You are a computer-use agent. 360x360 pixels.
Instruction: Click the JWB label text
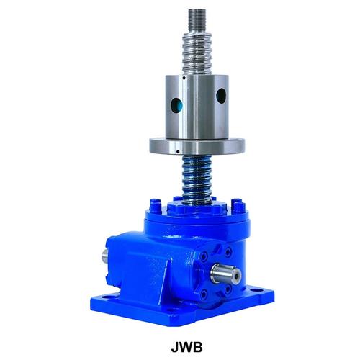click(x=186, y=347)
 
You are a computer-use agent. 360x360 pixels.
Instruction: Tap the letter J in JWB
click(x=175, y=347)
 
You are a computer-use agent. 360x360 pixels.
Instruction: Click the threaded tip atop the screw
click(x=197, y=21)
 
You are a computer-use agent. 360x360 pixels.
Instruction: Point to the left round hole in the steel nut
click(x=176, y=105)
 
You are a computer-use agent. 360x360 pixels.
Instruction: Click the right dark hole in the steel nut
click(x=221, y=96)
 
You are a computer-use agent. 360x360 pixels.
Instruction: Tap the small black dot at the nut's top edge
click(x=184, y=78)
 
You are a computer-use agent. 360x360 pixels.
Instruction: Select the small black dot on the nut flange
click(x=178, y=151)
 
